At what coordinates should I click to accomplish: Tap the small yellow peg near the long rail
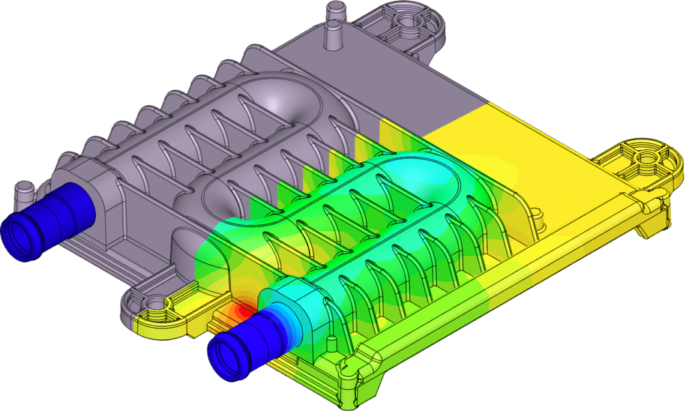[536, 215]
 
